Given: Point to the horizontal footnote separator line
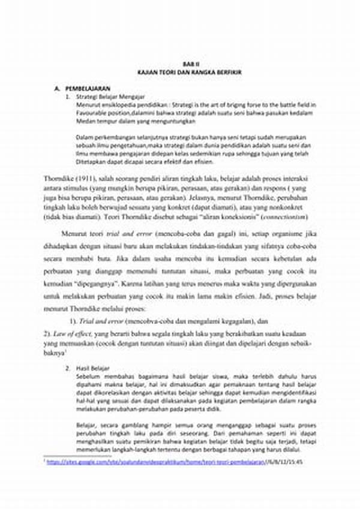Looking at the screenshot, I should pos(78,456).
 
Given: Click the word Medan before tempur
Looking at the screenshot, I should pos(86,121).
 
